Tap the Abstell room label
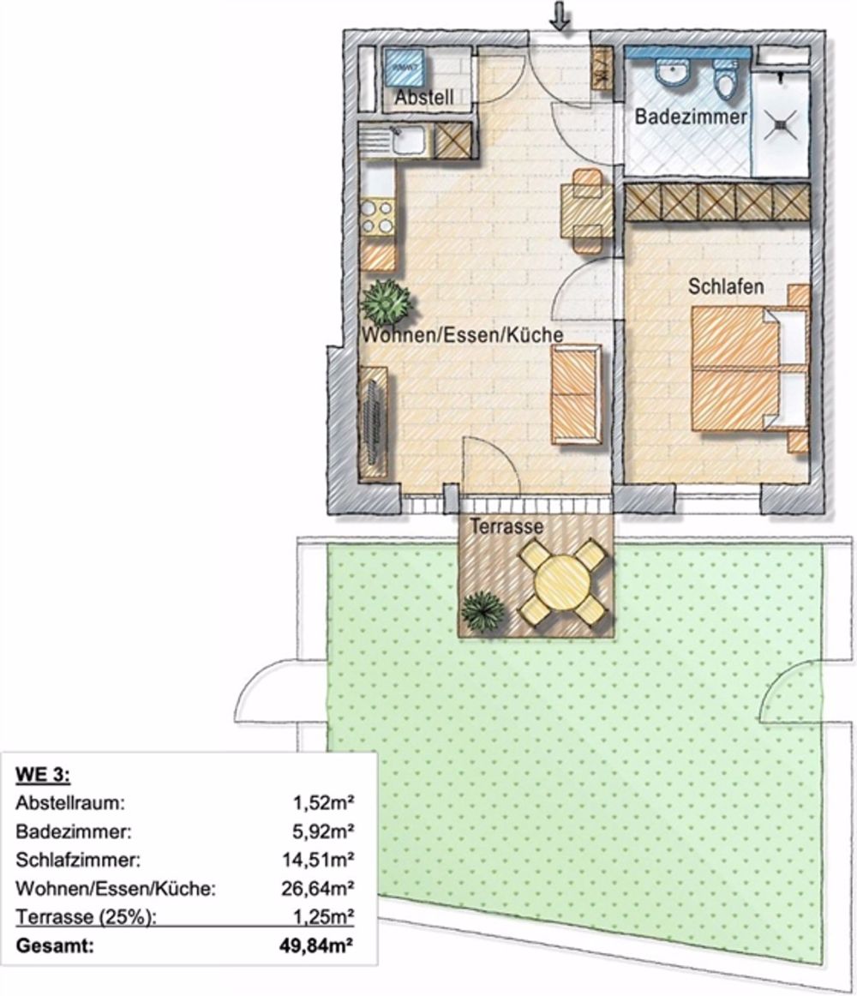pyautogui.click(x=423, y=99)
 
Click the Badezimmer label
pyautogui.click(x=690, y=117)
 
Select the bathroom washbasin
pyautogui.click(x=674, y=73)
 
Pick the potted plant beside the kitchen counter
pyautogui.click(x=387, y=300)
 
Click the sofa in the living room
pyautogui.click(x=575, y=394)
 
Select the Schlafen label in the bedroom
pyautogui.click(x=726, y=288)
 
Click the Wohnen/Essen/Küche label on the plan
pyautogui.click(x=462, y=335)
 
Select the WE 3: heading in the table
pyautogui.click(x=43, y=777)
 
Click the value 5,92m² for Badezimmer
pyautogui.click(x=328, y=831)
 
